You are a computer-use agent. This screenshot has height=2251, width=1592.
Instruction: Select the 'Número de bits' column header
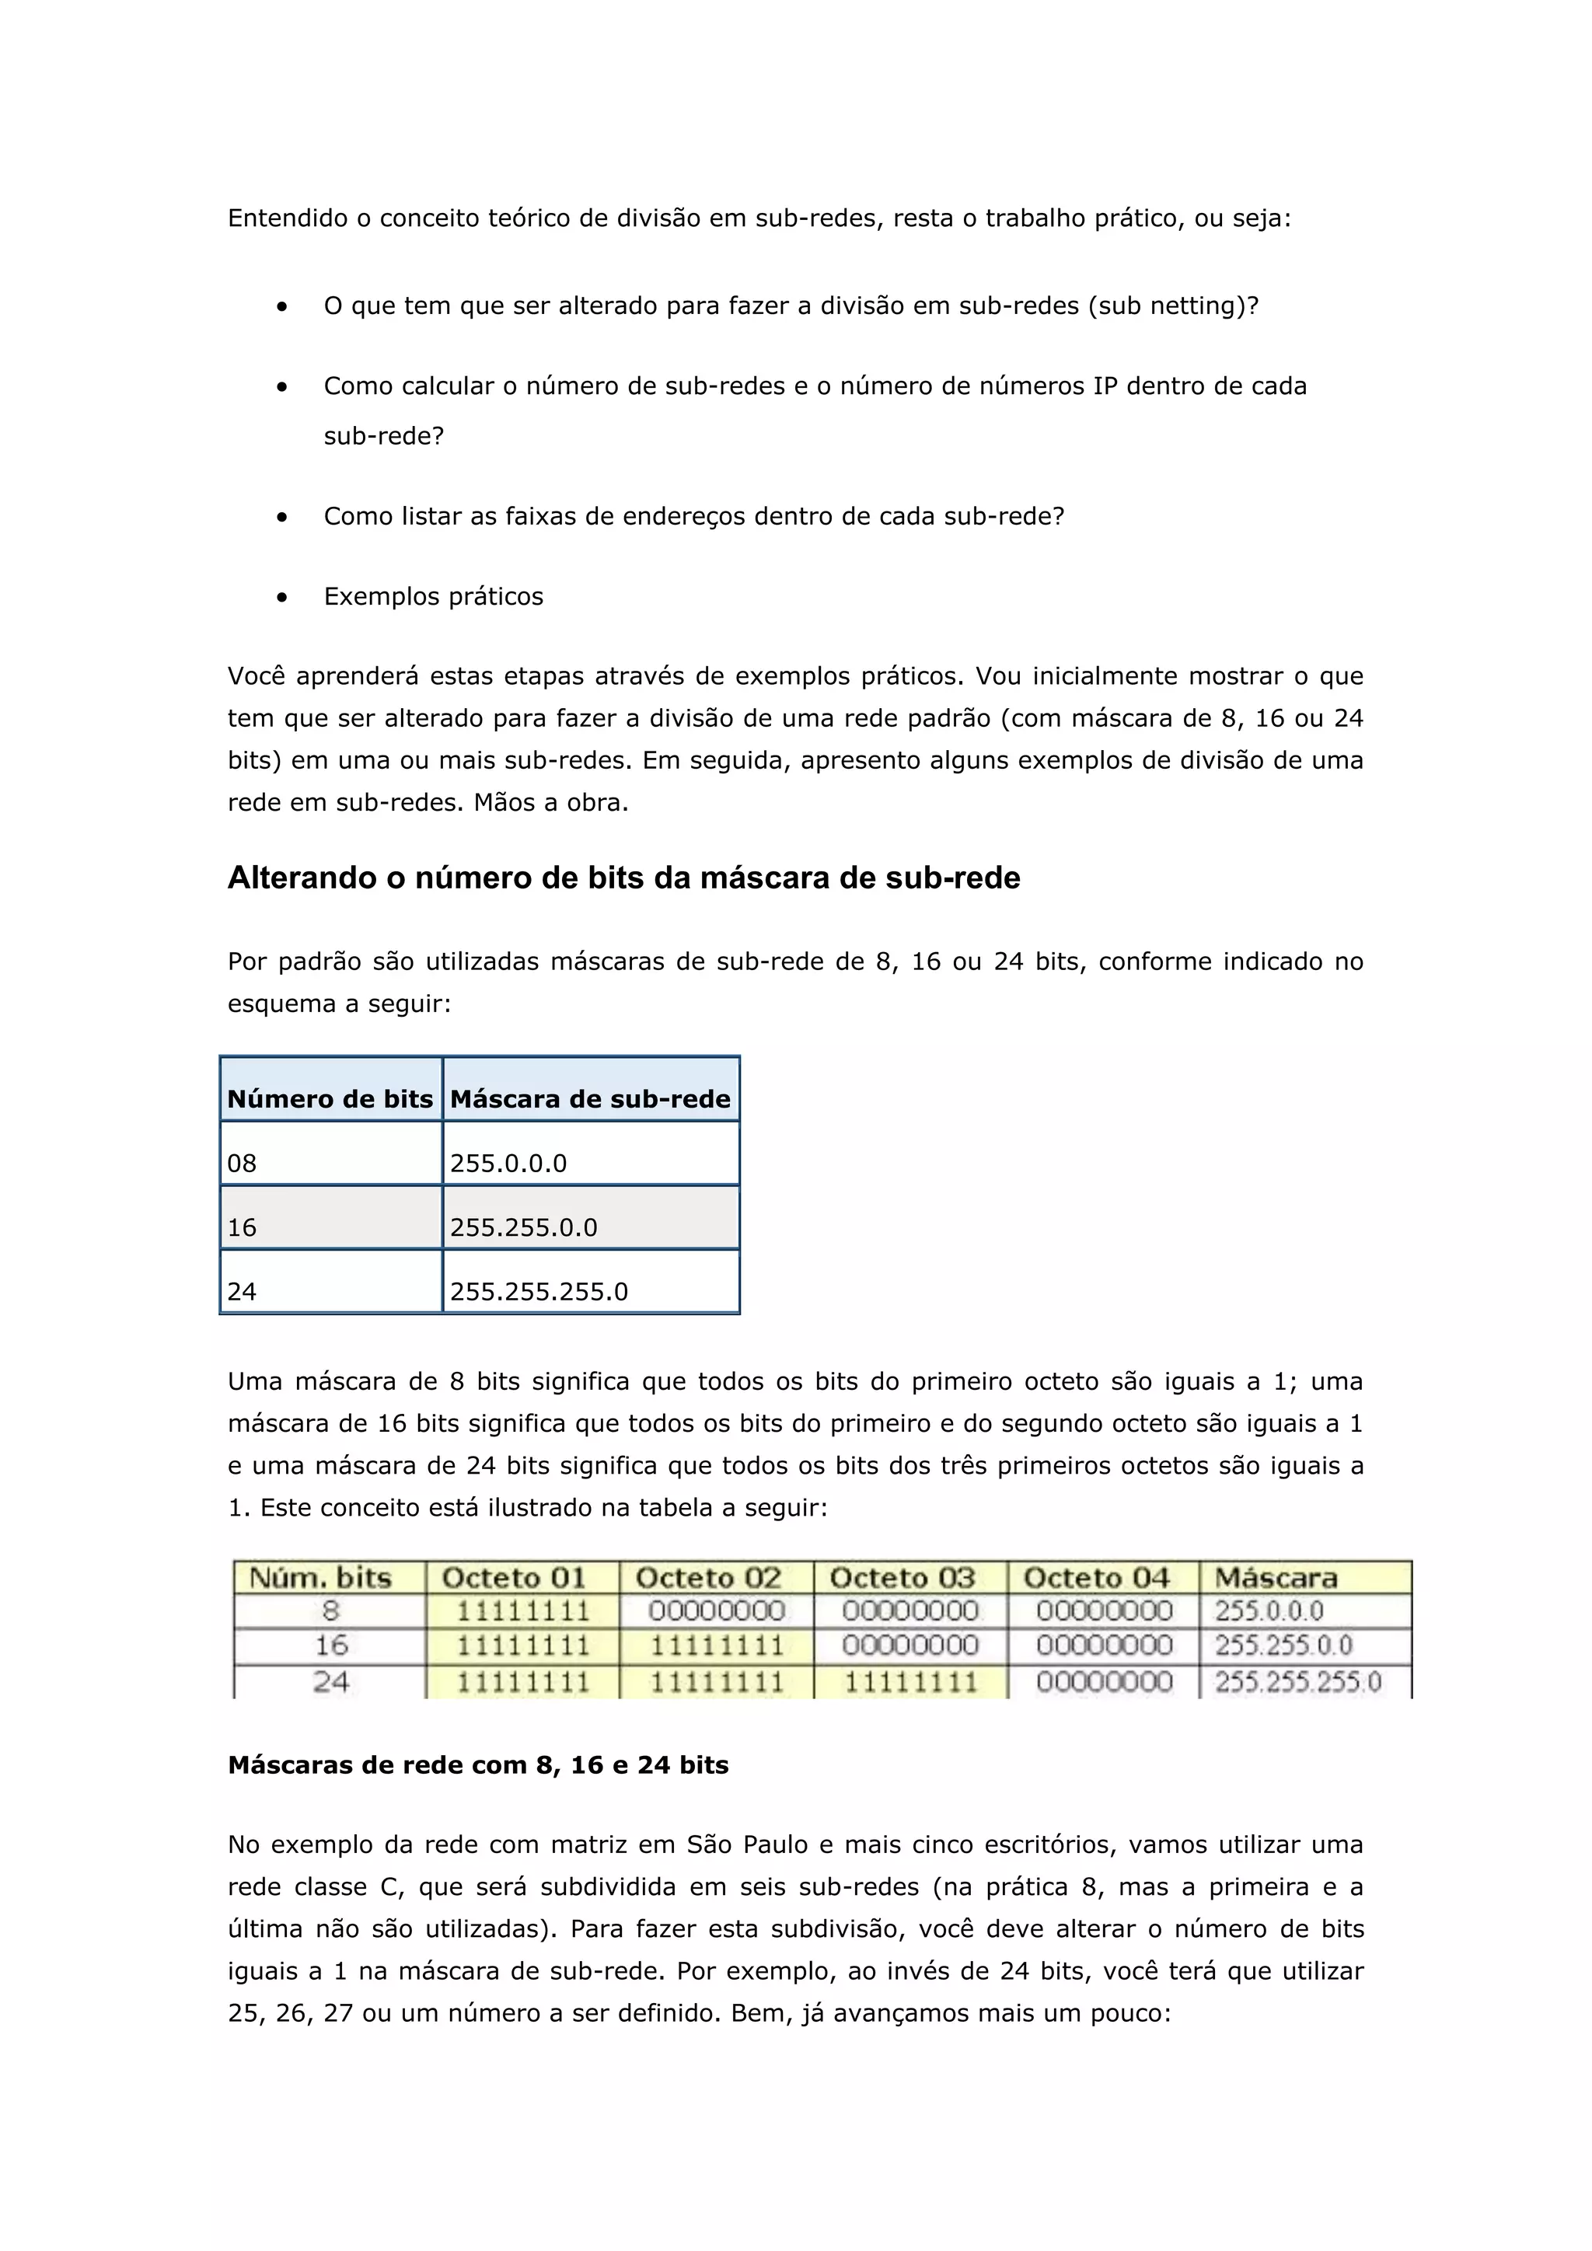330,1098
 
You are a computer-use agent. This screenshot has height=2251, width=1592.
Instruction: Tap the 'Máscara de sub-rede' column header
590,1098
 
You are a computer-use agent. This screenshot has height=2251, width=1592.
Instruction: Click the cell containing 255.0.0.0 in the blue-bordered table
590,1163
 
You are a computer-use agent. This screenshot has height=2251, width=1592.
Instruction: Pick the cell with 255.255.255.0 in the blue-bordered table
590,1290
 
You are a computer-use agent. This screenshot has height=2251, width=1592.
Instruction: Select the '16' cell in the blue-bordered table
330,1227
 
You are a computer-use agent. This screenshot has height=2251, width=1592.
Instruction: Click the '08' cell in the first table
330,1163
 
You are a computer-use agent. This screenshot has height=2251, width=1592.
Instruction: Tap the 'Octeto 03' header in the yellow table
902,1577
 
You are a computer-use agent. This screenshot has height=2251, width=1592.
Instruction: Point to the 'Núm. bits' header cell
320,1577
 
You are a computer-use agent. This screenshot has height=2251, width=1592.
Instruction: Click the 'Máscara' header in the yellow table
1276,1577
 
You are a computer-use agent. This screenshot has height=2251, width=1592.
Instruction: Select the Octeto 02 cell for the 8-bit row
717,1611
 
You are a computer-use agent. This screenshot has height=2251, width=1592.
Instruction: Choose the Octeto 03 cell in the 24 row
911,1682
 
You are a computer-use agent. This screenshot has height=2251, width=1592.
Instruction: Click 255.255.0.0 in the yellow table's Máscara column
1283,1645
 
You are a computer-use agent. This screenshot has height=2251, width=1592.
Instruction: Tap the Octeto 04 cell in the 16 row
1104,1645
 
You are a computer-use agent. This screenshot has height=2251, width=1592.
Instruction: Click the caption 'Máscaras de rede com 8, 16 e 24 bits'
478,1764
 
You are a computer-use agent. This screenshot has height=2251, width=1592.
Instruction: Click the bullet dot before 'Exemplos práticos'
282,597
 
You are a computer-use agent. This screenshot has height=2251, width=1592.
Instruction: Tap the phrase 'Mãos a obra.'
551,802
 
